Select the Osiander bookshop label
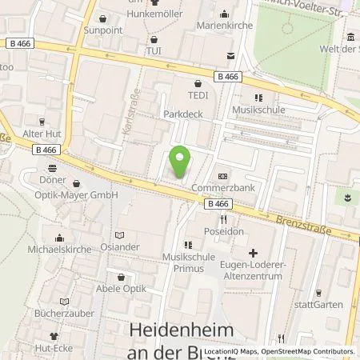point(119,247)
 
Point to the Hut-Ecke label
point(56,350)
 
